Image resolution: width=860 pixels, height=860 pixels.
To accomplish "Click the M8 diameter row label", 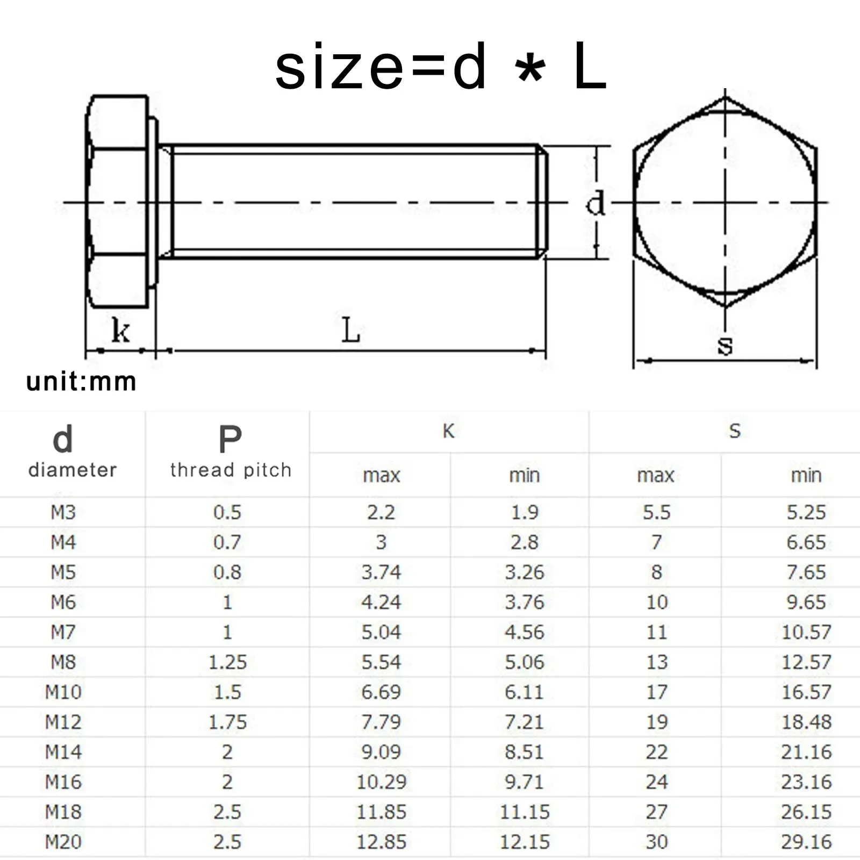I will point(63,662).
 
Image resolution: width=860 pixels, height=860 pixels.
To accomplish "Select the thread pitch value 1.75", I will point(227,722).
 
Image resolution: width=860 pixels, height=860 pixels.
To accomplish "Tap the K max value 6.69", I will point(381,692).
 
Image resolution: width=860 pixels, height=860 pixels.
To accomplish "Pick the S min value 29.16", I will point(806,842).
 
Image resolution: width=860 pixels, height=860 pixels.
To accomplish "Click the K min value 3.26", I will point(524,572).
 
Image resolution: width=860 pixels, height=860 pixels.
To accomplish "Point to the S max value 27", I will point(657,812).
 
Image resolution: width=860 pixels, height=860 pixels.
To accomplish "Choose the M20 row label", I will point(63,842).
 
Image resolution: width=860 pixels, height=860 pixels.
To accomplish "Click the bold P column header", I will point(230,440).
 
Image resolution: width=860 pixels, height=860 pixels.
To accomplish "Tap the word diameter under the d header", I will point(73,470).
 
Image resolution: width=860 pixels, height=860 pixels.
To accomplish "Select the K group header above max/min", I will point(449,431).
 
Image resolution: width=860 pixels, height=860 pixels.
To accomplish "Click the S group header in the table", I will point(735,431).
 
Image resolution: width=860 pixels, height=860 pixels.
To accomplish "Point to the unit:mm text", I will point(81,382).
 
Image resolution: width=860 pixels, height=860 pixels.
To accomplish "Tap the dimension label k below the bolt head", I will point(120,330).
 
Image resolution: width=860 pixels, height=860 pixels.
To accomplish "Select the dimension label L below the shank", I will point(351,330).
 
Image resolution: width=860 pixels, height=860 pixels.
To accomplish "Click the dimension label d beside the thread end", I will point(596,203).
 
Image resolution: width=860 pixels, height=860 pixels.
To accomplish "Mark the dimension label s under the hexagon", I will point(725,345).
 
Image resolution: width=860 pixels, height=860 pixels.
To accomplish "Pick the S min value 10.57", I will point(806,632).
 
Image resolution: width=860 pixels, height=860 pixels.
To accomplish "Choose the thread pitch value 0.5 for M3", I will point(227,512).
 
